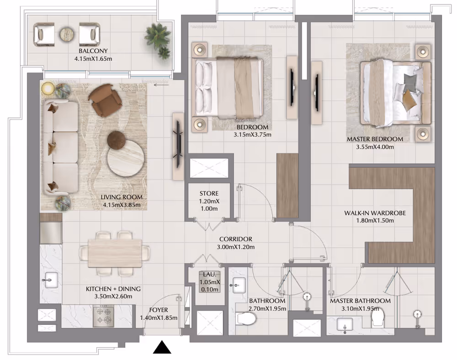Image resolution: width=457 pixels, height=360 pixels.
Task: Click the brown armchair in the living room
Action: pos(105,100)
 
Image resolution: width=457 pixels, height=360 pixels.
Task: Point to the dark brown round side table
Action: pos(116,140)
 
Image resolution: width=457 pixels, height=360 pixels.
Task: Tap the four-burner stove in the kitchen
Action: pos(103,316)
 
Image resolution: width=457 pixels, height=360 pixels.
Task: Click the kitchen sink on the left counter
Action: pos(51,280)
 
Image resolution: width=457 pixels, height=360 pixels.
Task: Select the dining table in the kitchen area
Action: pos(115,253)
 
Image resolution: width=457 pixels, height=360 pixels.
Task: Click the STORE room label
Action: pos(209,193)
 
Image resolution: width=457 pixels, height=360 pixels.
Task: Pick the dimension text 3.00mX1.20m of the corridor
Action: pos(235,247)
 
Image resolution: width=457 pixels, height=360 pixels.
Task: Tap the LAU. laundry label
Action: pos(210,275)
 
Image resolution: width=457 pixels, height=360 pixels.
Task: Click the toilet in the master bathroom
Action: pos(378,318)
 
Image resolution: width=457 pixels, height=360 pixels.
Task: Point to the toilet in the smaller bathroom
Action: pos(246,318)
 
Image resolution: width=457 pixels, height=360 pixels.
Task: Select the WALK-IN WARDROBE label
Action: pos(375,213)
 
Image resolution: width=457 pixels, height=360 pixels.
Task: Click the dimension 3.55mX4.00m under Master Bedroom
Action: pos(375,147)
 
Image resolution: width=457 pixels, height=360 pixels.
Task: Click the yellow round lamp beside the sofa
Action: pos(48,88)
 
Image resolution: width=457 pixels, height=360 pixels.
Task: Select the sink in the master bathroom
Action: pos(345,324)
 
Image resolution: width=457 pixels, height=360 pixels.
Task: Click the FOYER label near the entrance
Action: pos(159,310)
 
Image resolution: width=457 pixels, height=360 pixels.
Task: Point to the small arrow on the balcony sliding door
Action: pos(161,85)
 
